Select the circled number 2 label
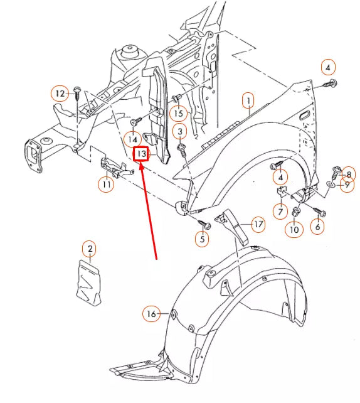pyautogui.click(x=90, y=249)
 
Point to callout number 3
pyautogui.click(x=180, y=131)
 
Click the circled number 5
pyautogui.click(x=202, y=239)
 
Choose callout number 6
pyautogui.click(x=317, y=227)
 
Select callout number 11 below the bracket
pyautogui.click(x=105, y=185)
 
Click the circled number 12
pyautogui.click(x=60, y=94)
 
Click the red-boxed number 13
pyautogui.click(x=141, y=153)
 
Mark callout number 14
pyautogui.click(x=134, y=138)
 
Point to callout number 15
pyautogui.click(x=179, y=114)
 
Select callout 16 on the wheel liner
pyautogui.click(x=151, y=314)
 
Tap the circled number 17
pyautogui.click(x=258, y=223)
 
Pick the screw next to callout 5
pyautogui.click(x=203, y=222)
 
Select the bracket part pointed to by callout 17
pyautogui.click(x=233, y=224)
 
